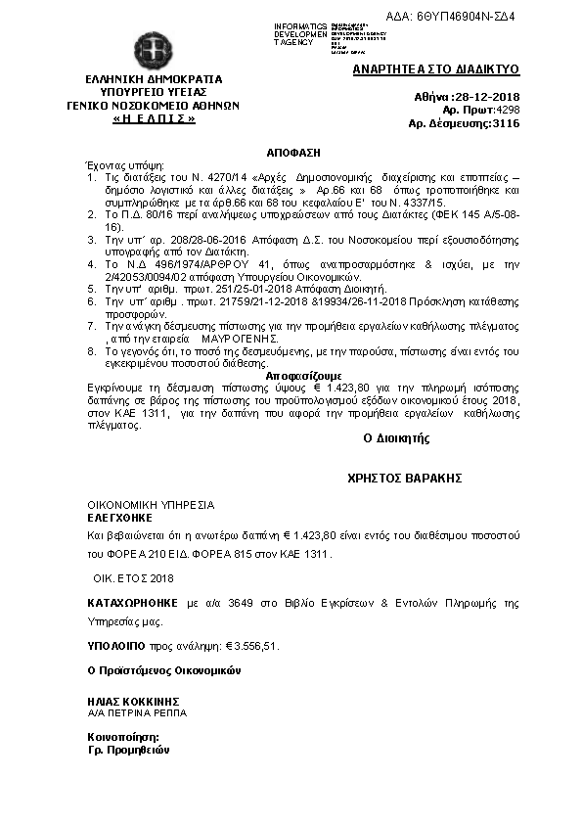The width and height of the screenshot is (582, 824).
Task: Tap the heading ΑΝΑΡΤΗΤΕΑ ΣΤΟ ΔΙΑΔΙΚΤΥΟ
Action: tap(435, 70)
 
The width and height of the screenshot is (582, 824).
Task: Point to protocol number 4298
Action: tap(506, 111)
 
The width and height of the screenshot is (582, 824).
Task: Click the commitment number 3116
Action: tap(506, 124)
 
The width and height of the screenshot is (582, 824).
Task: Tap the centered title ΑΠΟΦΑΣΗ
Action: tap(293, 154)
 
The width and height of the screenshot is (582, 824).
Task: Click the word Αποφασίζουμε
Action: tap(303, 376)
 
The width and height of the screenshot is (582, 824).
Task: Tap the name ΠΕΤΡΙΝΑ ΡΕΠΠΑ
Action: tap(138, 713)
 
